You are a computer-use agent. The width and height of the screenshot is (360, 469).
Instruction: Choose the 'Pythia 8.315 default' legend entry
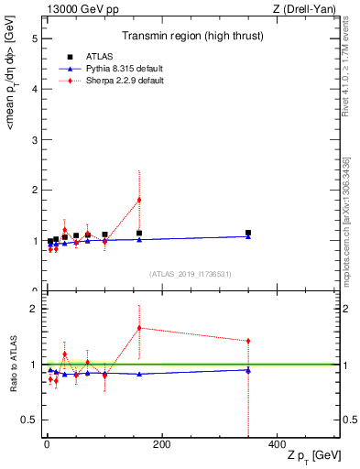(118, 69)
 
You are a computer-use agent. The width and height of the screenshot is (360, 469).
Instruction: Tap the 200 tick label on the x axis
(161, 445)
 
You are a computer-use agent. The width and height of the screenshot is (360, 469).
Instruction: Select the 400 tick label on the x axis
(277, 445)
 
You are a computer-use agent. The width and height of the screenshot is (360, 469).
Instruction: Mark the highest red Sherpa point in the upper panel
(139, 200)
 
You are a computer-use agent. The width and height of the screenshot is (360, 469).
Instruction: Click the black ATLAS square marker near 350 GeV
(248, 233)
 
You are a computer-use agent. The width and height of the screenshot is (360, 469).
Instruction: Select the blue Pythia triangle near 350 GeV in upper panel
(248, 236)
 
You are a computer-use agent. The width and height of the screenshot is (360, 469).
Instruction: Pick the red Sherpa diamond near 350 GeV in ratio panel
(248, 341)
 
